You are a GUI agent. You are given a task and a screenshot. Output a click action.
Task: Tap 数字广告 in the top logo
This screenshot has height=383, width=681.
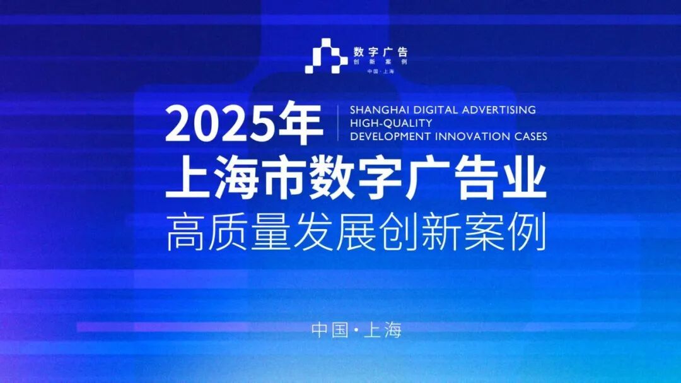[381, 52]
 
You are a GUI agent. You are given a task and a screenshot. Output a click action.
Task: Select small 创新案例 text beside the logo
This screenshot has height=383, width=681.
[381, 62]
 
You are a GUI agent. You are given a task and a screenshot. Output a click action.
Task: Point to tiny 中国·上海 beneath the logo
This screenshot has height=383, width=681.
[381, 71]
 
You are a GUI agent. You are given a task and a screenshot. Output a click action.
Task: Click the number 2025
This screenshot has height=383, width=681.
[221, 124]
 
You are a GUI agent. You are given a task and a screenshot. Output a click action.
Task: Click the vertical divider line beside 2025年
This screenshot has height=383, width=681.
[338, 123]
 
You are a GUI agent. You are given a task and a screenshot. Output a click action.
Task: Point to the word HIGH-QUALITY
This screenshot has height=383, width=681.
[392, 123]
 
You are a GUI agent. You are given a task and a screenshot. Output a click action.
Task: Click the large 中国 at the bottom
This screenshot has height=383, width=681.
[330, 330]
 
